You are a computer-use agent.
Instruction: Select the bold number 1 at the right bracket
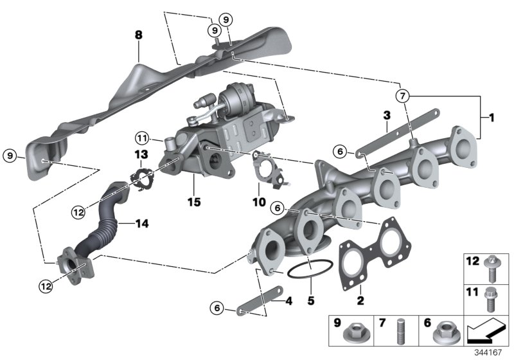click(491, 118)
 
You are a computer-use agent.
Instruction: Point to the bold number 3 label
click(387, 116)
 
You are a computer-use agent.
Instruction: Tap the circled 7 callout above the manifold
click(403, 96)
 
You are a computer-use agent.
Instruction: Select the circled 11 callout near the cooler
click(142, 138)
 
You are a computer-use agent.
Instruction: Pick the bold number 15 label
click(193, 202)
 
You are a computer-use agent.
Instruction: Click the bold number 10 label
click(258, 202)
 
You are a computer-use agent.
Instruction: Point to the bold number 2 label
click(360, 300)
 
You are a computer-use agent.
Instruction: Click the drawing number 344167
click(492, 352)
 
